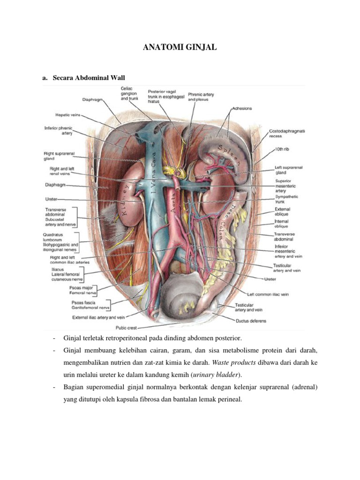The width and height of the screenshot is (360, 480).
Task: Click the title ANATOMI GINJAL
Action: [x=180, y=47]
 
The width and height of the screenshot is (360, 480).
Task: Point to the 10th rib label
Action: [x=283, y=149]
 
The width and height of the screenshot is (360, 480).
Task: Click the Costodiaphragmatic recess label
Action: [x=287, y=134]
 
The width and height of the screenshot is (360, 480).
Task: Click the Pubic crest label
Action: [x=126, y=328]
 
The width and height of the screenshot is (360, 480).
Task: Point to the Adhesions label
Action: [x=242, y=108]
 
